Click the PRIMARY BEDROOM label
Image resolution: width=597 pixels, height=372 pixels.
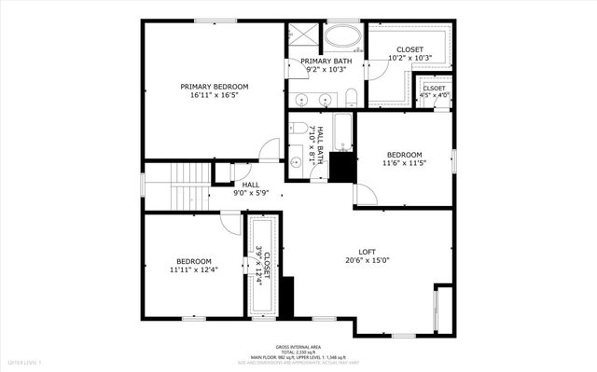[214, 86]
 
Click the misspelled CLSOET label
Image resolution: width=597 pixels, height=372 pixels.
[434, 89]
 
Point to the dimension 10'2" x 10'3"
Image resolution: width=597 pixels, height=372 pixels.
[410, 58]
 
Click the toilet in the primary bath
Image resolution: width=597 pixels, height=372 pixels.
[351, 98]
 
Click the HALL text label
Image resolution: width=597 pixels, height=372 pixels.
[250, 185]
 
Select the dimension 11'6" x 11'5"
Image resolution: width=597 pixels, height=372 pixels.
[404, 164]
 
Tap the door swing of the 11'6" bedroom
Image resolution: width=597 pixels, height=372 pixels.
[365, 194]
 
